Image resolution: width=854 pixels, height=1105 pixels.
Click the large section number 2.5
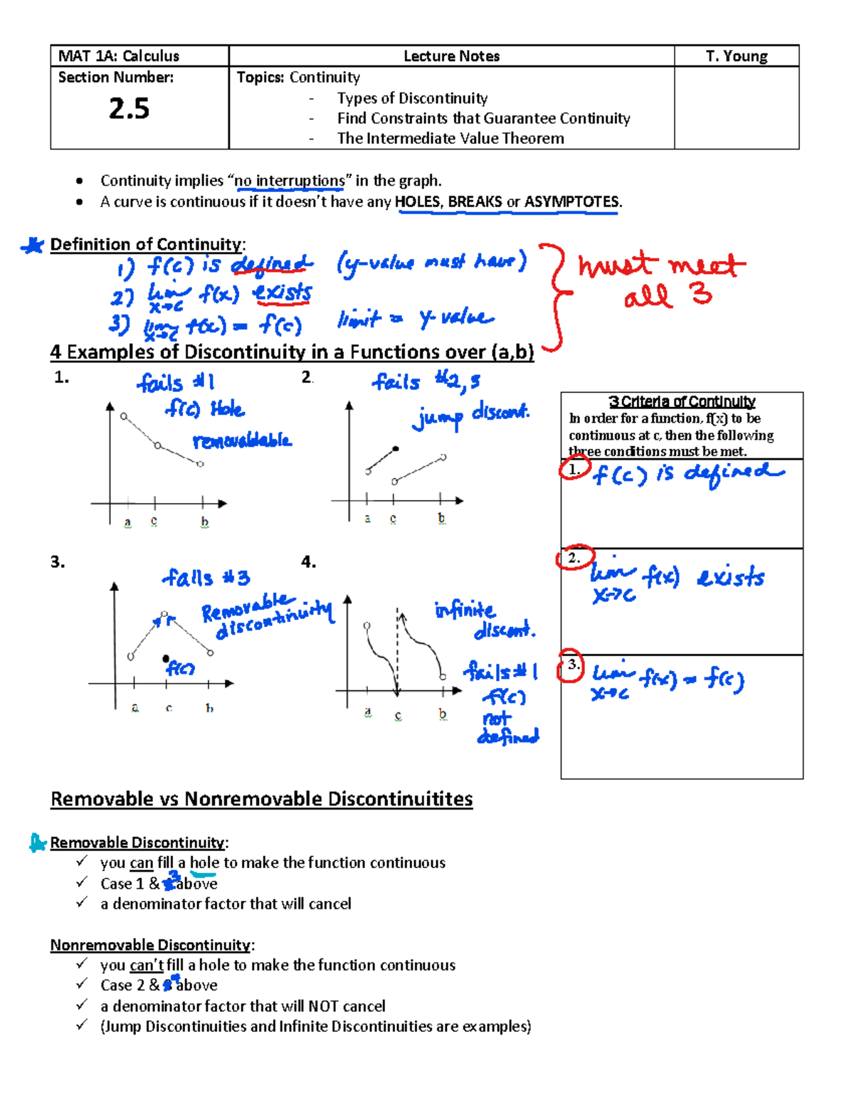pos(129,109)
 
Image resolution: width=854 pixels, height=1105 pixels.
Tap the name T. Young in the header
pos(737,56)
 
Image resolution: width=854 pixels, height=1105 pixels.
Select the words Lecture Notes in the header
pos(451,56)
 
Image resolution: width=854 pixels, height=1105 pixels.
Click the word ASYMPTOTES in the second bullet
pos(571,202)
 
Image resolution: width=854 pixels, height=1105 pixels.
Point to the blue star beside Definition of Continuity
pos(33,246)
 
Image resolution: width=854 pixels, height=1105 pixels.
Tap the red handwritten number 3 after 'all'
pos(701,293)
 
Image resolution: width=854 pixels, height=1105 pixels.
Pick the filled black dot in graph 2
pos(396,449)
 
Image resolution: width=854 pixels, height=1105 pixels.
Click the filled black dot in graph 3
pos(166,659)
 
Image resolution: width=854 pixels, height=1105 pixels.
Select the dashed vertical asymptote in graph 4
pos(397,651)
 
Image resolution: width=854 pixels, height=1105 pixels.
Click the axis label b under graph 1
pos(204,522)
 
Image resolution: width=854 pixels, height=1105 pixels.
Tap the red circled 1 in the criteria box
pos(574,470)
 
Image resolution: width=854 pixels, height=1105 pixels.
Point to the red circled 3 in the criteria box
pos(571,665)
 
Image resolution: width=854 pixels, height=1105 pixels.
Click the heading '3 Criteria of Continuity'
pos(682,402)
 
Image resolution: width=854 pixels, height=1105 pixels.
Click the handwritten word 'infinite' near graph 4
pos(465,610)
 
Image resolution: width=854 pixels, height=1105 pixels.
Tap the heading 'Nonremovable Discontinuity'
pos(150,945)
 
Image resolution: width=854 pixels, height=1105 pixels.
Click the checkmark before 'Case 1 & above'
pos(82,882)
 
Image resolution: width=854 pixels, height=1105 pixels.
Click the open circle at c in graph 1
pos(158,446)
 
